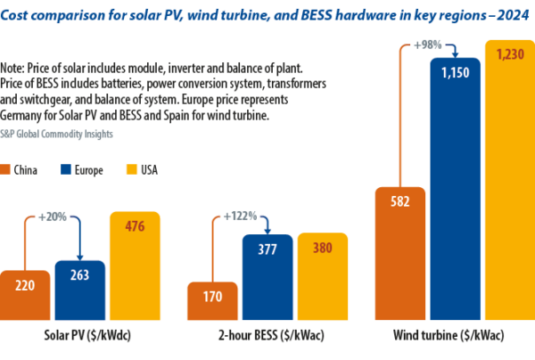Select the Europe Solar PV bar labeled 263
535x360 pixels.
(80, 290)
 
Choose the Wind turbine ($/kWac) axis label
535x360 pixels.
(455, 338)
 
